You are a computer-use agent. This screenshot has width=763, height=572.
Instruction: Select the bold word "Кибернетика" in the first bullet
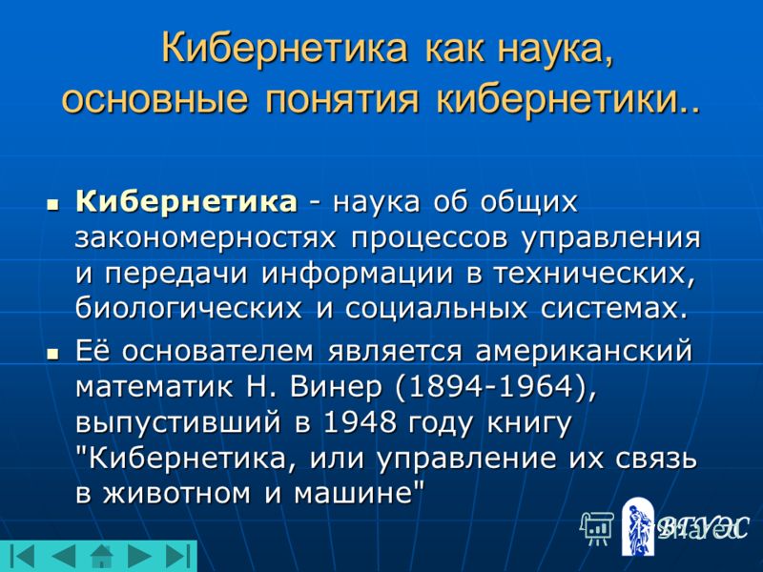tap(186, 202)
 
